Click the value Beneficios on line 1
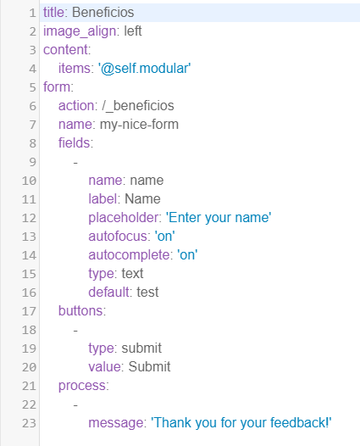click(x=102, y=13)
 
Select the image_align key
click(x=80, y=31)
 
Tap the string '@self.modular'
click(x=145, y=69)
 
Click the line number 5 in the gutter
click(x=33, y=87)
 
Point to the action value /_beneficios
click(x=138, y=106)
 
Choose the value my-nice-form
click(x=139, y=125)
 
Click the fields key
click(x=75, y=142)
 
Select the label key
click(x=102, y=198)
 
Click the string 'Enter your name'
click(x=219, y=218)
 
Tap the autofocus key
click(x=118, y=237)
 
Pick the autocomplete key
click(x=130, y=255)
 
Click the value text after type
click(x=132, y=274)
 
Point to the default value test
click(x=147, y=293)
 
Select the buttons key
click(x=80, y=311)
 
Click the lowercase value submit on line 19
click(x=141, y=348)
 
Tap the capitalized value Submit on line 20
click(x=149, y=367)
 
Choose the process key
click(x=82, y=386)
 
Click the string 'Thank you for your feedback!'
click(x=241, y=422)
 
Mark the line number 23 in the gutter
click(x=30, y=423)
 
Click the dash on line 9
click(x=75, y=163)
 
